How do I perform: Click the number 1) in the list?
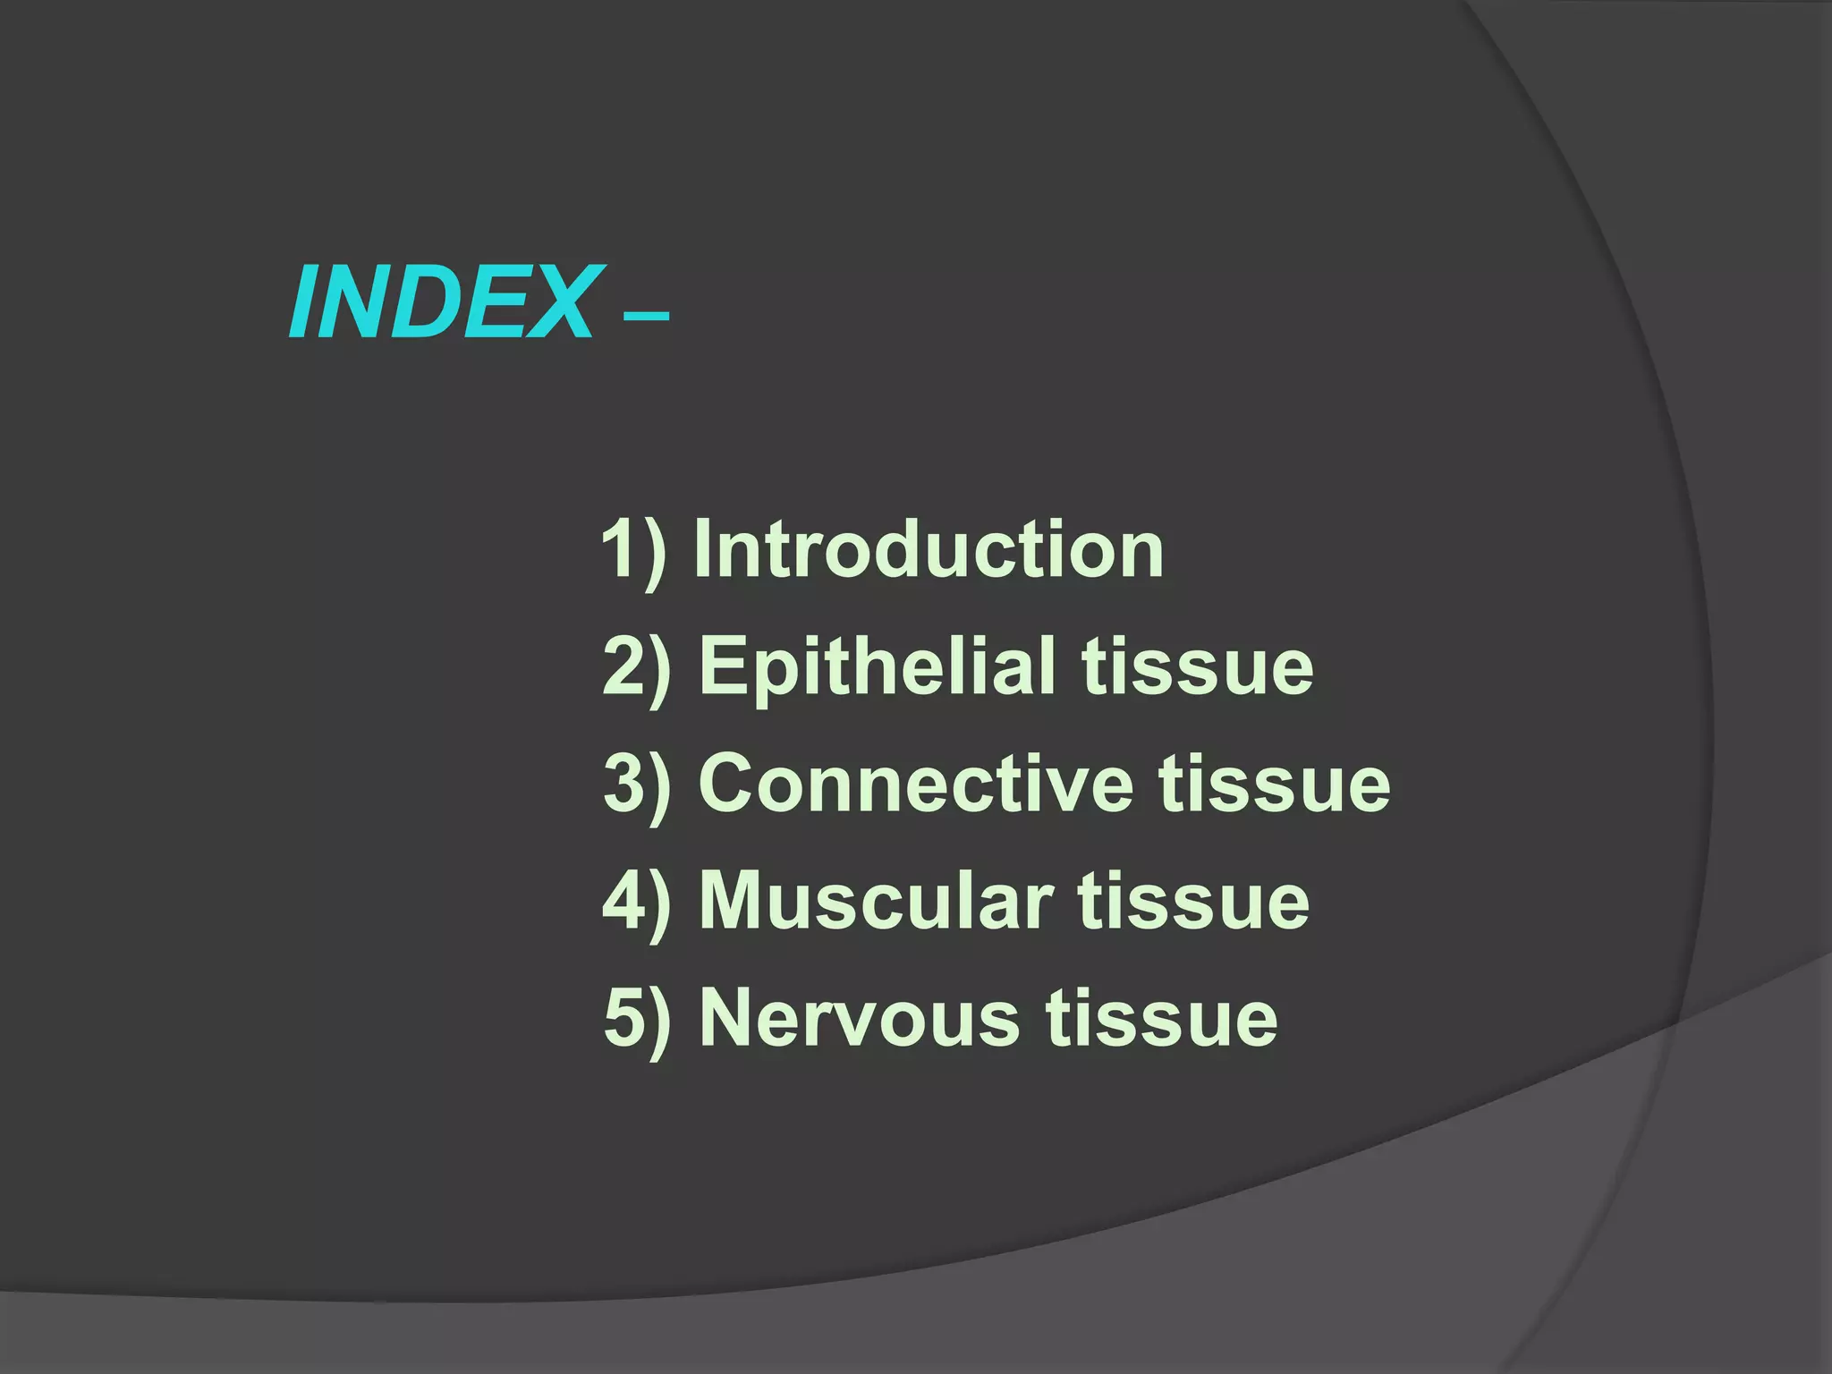[634, 549]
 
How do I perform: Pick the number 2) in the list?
[637, 666]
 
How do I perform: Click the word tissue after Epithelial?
[1197, 666]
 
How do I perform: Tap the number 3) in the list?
[637, 785]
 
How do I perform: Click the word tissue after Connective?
[1275, 783]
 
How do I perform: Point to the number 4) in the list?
[637, 902]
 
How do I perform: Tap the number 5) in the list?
[637, 1019]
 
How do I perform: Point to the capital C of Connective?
[729, 783]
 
